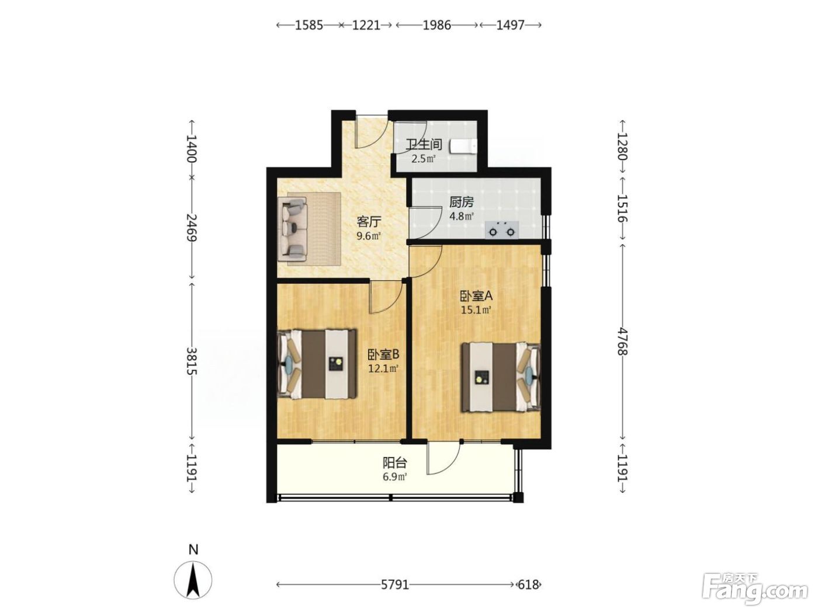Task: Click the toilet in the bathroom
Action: point(463,147)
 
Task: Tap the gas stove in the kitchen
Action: point(501,229)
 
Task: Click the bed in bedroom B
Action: point(317,364)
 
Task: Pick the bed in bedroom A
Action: point(501,377)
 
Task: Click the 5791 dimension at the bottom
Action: point(395,585)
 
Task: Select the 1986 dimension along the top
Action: point(437,25)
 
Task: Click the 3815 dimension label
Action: point(192,361)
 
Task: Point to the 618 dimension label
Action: point(528,585)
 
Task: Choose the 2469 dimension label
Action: point(192,228)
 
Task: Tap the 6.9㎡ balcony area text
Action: point(394,476)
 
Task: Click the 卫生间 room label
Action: point(424,144)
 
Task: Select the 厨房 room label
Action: point(462,202)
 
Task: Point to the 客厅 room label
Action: point(369,222)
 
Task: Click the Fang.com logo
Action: point(755,589)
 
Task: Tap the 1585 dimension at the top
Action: point(309,25)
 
